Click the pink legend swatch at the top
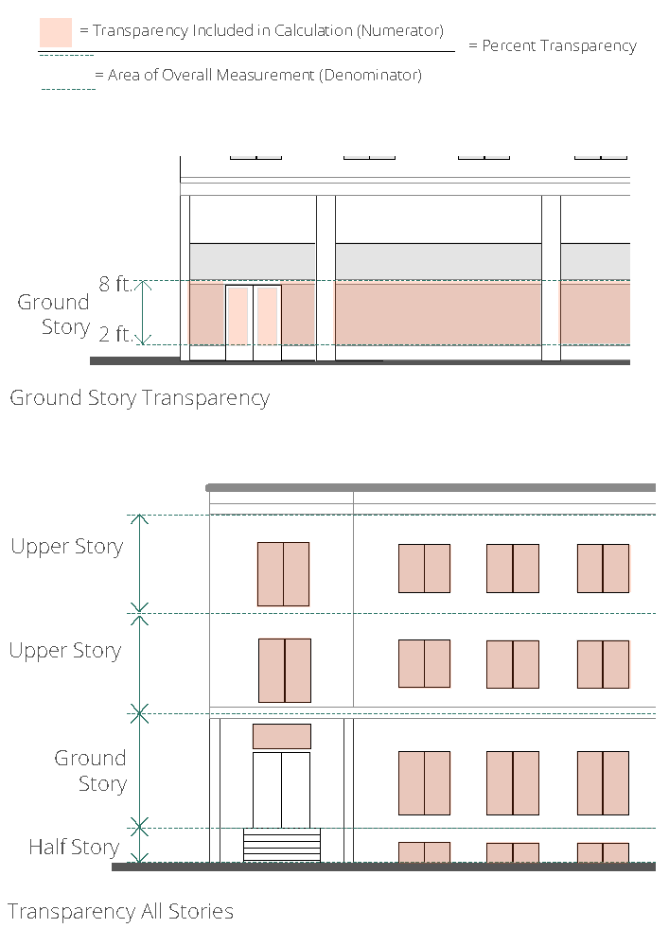pyautogui.click(x=56, y=32)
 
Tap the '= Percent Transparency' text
pyautogui.click(x=553, y=45)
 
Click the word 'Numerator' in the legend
pyautogui.click(x=398, y=31)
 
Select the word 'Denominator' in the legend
pyautogui.click(x=370, y=75)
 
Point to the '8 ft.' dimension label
pyautogui.click(x=115, y=284)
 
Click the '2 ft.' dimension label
pyautogui.click(x=115, y=334)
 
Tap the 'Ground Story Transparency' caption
pyautogui.click(x=139, y=397)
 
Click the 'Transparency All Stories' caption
pyautogui.click(x=120, y=912)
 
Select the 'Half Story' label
pyautogui.click(x=74, y=847)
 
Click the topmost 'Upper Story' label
pyautogui.click(x=66, y=547)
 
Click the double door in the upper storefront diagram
pyautogui.click(x=253, y=322)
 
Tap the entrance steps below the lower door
pyautogui.click(x=282, y=845)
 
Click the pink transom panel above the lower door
pyautogui.click(x=282, y=736)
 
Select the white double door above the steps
pyautogui.click(x=281, y=789)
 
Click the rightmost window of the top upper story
pyautogui.click(x=603, y=569)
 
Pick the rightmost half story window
pyautogui.click(x=603, y=852)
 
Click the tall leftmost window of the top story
pyautogui.click(x=283, y=573)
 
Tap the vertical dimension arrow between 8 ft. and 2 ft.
pyautogui.click(x=143, y=312)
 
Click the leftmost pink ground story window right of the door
pyautogui.click(x=424, y=782)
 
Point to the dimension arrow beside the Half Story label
pyautogui.click(x=140, y=846)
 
